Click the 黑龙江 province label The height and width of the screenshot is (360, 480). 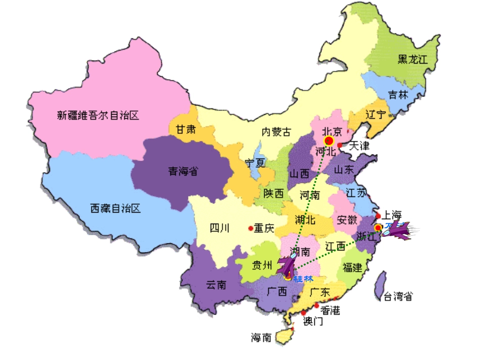point(412,59)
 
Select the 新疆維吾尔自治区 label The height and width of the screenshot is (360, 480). point(98,116)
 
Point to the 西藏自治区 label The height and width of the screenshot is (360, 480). point(115,208)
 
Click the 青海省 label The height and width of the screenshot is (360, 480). point(183,172)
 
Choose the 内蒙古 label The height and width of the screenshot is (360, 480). point(276,132)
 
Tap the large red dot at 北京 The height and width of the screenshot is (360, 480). point(329,140)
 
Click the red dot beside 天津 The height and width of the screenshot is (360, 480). point(340,145)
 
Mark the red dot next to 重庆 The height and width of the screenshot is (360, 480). point(251,228)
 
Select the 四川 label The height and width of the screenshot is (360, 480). point(220,228)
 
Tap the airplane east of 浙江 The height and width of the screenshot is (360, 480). point(400,231)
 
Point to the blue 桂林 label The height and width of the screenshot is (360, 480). point(304,279)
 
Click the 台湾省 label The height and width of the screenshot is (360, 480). point(398,296)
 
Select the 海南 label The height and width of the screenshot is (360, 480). point(262,337)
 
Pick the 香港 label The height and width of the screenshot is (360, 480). point(330,310)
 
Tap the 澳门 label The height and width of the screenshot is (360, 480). point(313,321)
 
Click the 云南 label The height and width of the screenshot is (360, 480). point(216,285)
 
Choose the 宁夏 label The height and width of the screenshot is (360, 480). point(255,163)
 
